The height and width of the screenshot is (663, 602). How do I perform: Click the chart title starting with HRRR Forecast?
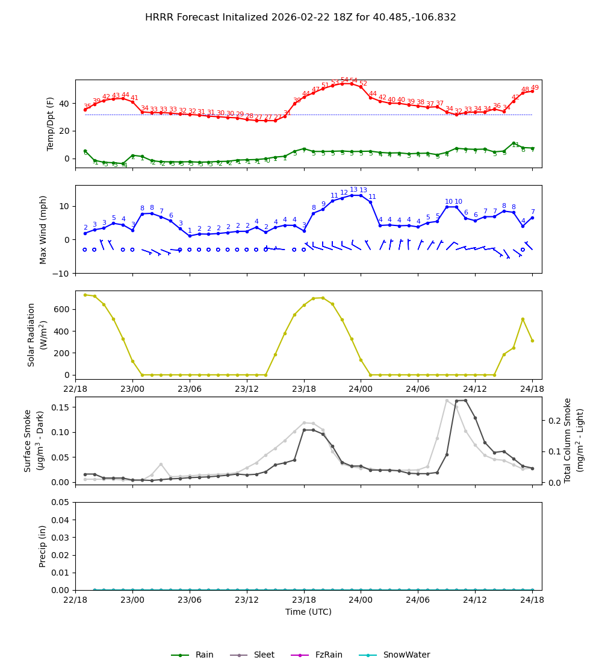coord(300,17)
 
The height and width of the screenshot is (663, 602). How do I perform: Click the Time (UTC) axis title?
coord(308,612)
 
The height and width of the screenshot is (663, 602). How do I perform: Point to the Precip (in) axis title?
coord(43,546)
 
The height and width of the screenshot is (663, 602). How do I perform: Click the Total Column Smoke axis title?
coord(574,441)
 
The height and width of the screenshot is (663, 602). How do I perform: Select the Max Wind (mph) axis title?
coord(43,230)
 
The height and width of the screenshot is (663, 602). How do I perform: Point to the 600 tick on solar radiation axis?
coord(60,309)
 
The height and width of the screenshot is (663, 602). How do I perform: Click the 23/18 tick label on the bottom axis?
coord(303,600)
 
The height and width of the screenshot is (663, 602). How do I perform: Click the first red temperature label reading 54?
coord(344,80)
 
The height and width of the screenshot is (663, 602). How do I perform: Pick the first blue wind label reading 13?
coord(353,190)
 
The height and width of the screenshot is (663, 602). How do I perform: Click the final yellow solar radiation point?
coord(532,341)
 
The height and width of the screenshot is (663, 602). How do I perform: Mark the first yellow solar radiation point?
coord(85,295)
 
